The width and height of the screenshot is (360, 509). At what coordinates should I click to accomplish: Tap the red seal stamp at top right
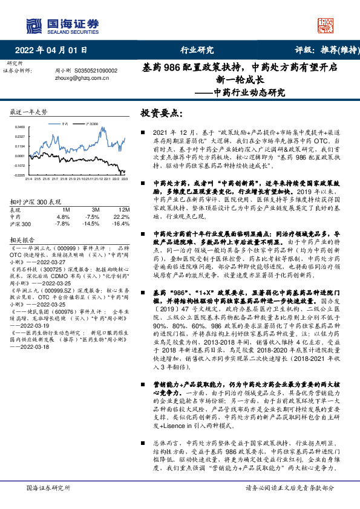tap(327, 25)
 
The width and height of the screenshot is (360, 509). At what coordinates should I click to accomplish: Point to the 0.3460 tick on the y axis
tap(18, 128)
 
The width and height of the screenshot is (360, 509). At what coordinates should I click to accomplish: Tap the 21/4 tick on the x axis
tap(28, 178)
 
